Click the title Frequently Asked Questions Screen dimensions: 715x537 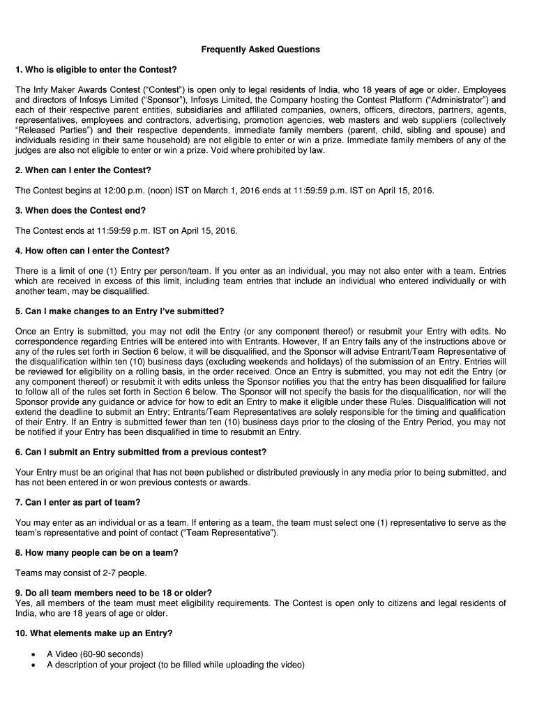261,50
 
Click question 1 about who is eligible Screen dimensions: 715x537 96,70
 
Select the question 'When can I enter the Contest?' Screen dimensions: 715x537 83,170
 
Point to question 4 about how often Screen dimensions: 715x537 92,251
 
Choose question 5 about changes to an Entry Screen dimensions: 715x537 119,311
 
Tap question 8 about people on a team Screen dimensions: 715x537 96,553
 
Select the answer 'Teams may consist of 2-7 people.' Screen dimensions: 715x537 81,573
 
